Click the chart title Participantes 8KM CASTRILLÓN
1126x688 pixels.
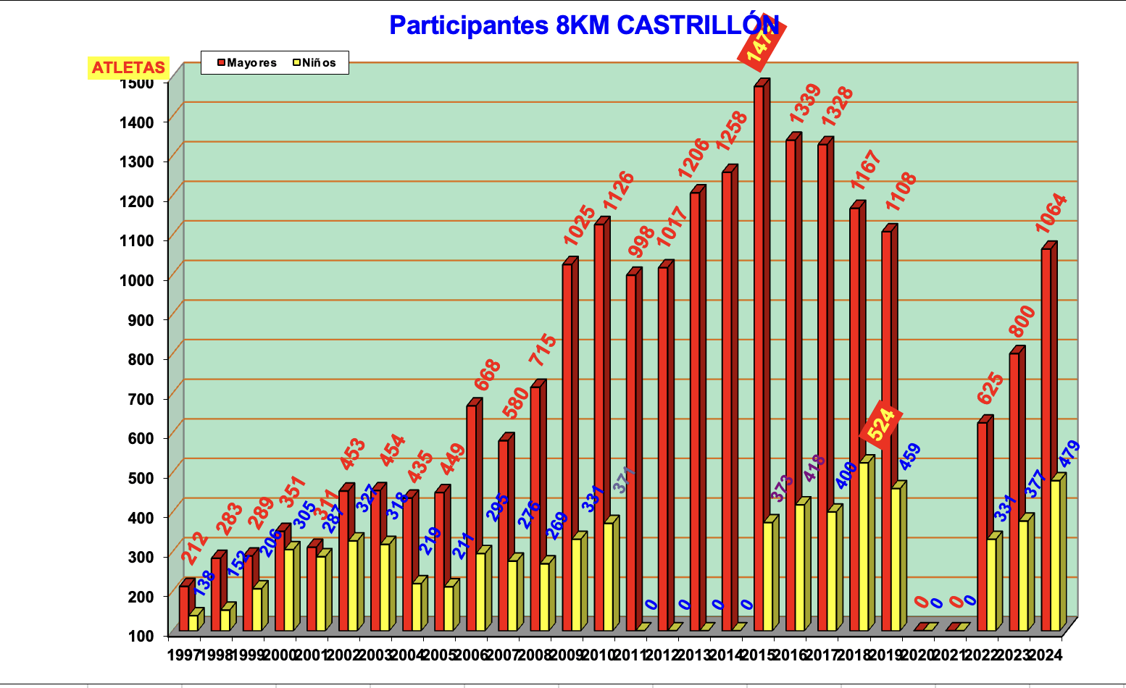click(584, 25)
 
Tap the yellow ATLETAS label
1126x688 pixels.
click(128, 68)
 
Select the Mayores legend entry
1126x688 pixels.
click(247, 63)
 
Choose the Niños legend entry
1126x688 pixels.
click(314, 63)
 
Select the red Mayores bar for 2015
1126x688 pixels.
click(759, 362)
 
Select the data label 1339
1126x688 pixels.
click(804, 103)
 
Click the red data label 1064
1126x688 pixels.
click(1051, 213)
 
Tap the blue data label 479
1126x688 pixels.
click(1069, 454)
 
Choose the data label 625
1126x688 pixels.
click(991, 388)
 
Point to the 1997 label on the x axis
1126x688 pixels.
click(183, 655)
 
